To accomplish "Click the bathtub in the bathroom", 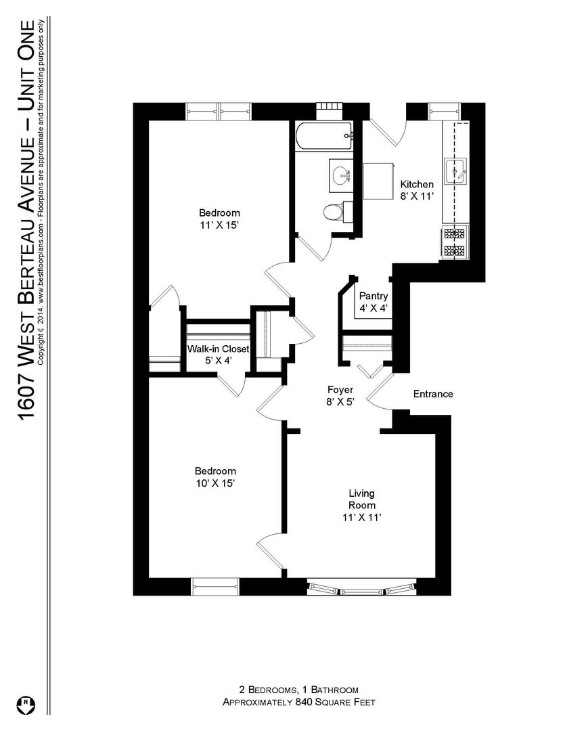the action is pyautogui.click(x=323, y=136).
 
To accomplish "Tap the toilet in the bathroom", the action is pyautogui.click(x=334, y=212).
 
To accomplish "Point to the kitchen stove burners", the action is pyautogui.click(x=455, y=243).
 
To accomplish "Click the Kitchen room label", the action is pyautogui.click(x=417, y=184).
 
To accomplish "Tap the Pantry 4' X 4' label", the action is pyautogui.click(x=373, y=302).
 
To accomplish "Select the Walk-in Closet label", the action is pyautogui.click(x=218, y=349).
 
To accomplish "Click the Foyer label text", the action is pyautogui.click(x=340, y=389).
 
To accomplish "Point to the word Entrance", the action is pyautogui.click(x=433, y=394).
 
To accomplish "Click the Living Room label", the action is pyautogui.click(x=362, y=500).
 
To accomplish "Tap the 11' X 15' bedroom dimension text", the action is pyautogui.click(x=219, y=225).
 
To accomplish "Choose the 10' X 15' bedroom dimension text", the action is pyautogui.click(x=215, y=483).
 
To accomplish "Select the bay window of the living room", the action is pyautogui.click(x=361, y=588).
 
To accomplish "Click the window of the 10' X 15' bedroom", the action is pyautogui.click(x=215, y=586).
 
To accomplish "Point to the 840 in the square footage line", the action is pyautogui.click(x=304, y=702).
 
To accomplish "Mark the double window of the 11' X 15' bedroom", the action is pyautogui.click(x=219, y=112).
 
